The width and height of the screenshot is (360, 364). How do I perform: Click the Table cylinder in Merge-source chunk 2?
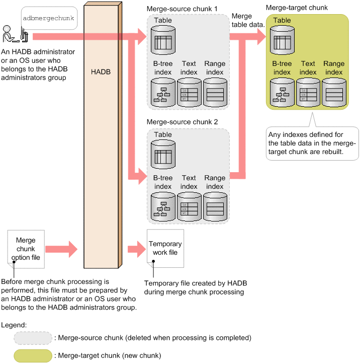point(163,153)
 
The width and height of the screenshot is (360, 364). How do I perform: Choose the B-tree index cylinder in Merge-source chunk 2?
point(163,206)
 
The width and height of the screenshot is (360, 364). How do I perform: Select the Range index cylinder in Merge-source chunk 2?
point(215,206)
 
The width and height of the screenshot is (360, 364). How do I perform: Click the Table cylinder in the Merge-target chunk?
point(282,39)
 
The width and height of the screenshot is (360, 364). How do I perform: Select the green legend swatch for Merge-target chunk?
point(33,355)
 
